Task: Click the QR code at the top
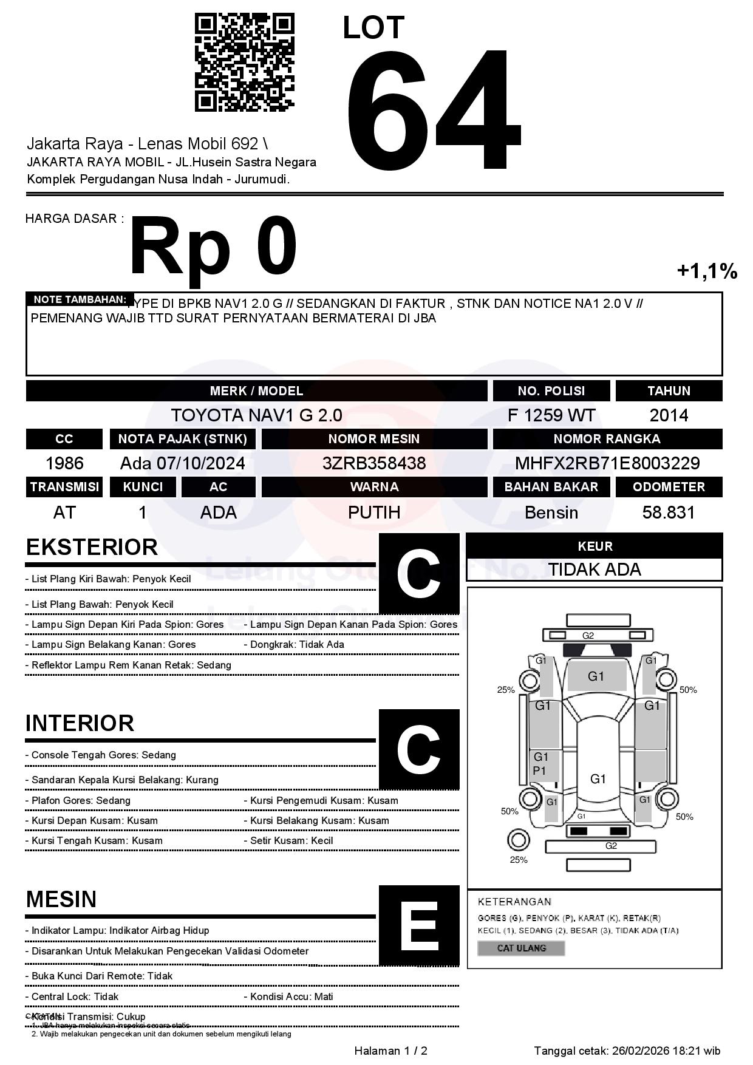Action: pos(244,63)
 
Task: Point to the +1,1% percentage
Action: pos(707,271)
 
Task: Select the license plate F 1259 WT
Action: pos(551,415)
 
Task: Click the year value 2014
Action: pos(669,415)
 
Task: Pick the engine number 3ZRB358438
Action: pos(374,463)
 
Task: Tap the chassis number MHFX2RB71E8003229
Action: pos(607,463)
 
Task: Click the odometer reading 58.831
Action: pos(669,512)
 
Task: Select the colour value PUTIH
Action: pos(374,512)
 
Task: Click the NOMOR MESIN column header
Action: pos(374,438)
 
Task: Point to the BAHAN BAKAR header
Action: pos(551,487)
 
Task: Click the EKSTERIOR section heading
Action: pos(92,547)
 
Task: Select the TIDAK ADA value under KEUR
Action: pos(595,570)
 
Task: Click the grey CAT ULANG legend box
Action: pos(521,948)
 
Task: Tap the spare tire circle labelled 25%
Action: pos(518,840)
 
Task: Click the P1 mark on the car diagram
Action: pos(539,771)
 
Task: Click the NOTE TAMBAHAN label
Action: pos(80,299)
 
